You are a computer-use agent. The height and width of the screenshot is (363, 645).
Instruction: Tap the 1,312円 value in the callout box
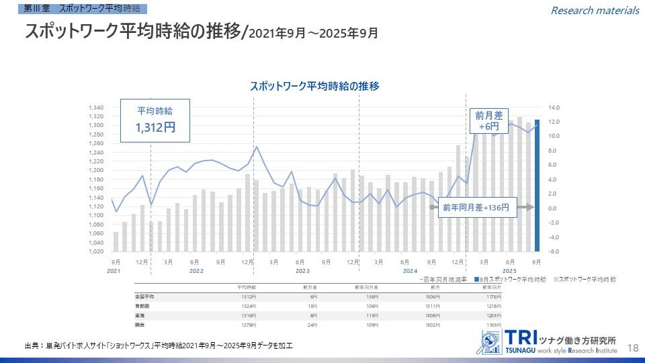click(155, 127)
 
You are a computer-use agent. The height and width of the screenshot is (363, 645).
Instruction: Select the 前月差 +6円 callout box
click(489, 120)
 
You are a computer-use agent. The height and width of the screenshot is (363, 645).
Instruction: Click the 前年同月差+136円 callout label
click(476, 208)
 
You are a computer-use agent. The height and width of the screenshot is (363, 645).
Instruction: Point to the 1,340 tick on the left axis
click(96, 108)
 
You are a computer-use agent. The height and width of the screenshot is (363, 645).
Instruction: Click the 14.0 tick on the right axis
click(554, 108)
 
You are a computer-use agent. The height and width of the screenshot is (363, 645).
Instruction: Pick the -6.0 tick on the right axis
click(554, 251)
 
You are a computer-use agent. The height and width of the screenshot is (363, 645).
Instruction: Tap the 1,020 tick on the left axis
click(96, 251)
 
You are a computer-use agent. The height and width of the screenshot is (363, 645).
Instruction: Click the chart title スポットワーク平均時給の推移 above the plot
click(314, 86)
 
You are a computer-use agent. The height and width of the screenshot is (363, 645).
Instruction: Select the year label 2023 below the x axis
click(302, 271)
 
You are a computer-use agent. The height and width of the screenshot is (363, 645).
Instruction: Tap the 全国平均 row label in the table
click(144, 296)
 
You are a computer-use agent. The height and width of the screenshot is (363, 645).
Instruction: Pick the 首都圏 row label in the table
click(142, 305)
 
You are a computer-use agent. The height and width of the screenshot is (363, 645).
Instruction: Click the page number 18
click(632, 348)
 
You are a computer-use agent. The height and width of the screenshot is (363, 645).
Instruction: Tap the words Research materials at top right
click(595, 10)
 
